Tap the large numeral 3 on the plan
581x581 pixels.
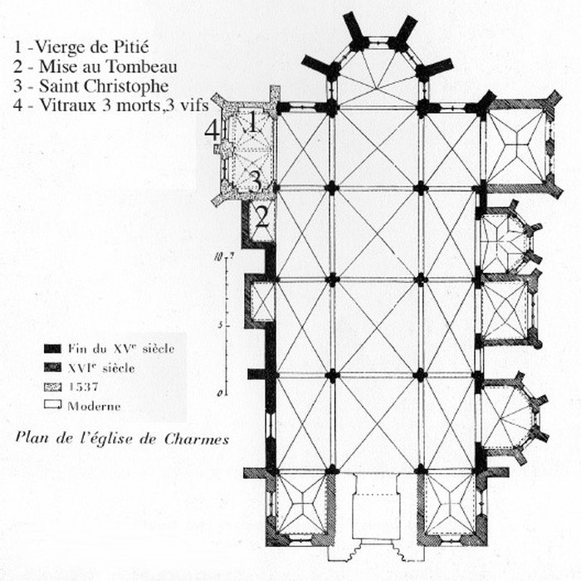[x=256, y=179]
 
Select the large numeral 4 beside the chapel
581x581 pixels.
[x=213, y=129]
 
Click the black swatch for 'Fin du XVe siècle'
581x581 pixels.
[x=51, y=349]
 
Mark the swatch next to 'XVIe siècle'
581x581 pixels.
[x=51, y=368]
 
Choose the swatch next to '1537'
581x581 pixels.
[x=51, y=387]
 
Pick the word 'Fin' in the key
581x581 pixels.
[x=78, y=349]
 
